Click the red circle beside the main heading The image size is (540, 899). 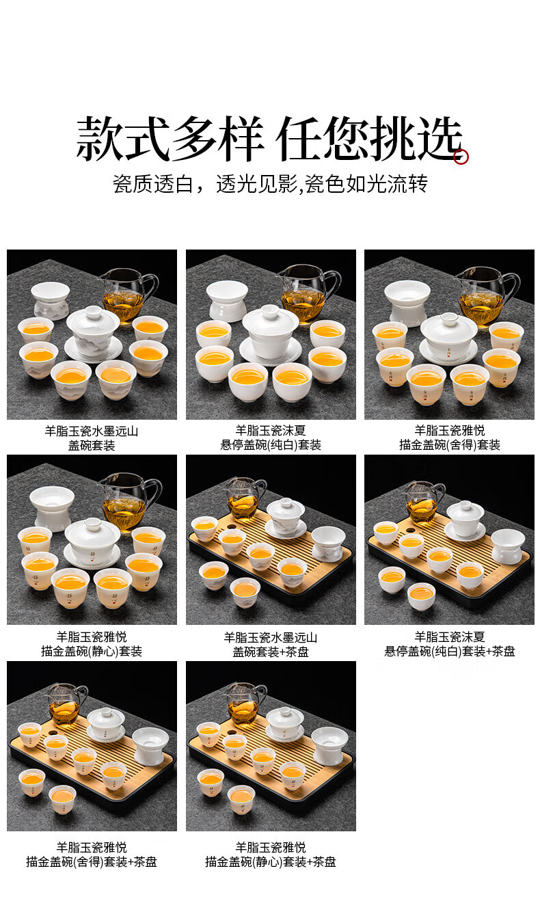[461, 157]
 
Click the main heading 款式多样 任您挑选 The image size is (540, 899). [269, 139]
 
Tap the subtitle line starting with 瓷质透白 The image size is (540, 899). [270, 184]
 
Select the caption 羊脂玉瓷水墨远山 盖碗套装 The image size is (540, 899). [92, 438]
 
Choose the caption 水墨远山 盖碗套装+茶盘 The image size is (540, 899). [271, 645]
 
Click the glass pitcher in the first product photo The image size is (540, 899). [129, 294]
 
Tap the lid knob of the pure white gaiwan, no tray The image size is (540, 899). [270, 310]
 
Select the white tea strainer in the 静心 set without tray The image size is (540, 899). [52, 507]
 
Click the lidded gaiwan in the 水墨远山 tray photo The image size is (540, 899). [286, 518]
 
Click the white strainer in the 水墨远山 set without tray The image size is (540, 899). [51, 300]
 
